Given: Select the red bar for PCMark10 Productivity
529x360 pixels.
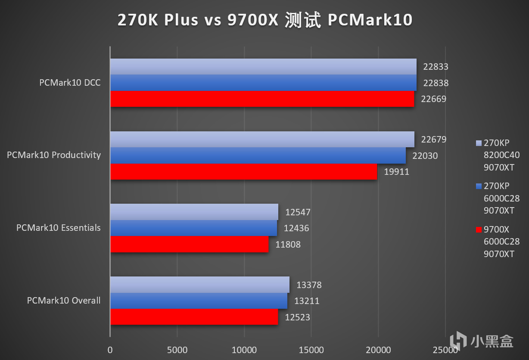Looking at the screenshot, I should point(243,171).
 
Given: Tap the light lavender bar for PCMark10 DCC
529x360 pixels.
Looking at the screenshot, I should point(263,66).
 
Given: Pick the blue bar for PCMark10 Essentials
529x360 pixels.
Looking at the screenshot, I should point(193,228).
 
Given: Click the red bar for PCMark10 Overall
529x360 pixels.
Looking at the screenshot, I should point(194,317).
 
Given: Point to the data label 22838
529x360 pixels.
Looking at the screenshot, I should point(436,83).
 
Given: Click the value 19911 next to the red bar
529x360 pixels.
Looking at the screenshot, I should point(396,172).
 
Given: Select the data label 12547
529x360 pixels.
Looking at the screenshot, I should point(298,212).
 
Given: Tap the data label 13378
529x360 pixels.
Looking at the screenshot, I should point(309,285).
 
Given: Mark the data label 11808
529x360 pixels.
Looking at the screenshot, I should point(288,244).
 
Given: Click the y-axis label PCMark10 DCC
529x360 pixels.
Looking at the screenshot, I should point(70,83).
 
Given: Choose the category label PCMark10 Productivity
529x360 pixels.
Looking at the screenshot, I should point(54,155).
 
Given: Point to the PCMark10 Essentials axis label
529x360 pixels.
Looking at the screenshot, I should point(59,228).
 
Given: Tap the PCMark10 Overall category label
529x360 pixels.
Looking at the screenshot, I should point(64,301).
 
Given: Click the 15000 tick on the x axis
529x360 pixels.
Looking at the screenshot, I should point(311,350).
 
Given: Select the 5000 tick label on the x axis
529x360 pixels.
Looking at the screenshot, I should point(177,350).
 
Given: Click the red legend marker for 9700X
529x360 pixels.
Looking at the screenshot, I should point(479,230).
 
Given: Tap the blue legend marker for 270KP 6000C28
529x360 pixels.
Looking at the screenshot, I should point(479,186).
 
